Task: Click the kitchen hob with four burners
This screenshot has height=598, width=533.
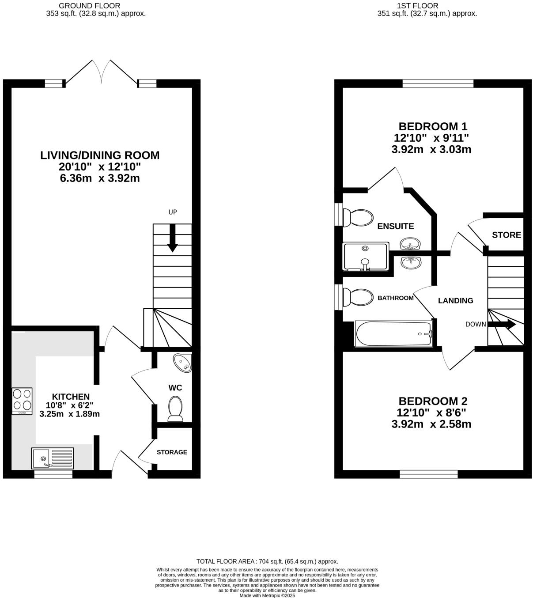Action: point(22,401)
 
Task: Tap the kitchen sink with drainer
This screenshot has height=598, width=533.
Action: point(52,458)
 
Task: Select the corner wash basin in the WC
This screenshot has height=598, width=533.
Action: point(183,362)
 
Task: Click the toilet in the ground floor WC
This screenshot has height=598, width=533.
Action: point(175,409)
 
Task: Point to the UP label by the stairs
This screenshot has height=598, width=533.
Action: point(173,212)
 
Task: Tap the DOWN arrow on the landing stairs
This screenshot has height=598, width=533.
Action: point(502,324)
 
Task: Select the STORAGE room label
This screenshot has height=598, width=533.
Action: point(172,452)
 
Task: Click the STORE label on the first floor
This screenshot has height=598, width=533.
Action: point(507,235)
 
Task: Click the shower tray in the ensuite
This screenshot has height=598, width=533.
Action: point(366,256)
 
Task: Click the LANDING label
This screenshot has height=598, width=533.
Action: point(455,301)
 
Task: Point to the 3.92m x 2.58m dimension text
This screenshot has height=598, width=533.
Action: point(431,424)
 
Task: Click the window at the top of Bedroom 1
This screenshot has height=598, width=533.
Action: point(438,83)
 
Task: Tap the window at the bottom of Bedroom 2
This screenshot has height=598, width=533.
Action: point(428,474)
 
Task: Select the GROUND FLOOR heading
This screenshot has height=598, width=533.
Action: point(95,6)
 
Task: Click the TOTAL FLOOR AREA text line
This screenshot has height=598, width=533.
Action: point(267,561)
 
